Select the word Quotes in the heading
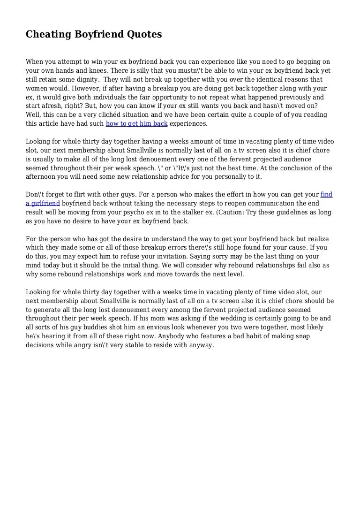click(143, 34)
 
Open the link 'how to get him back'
click(136, 124)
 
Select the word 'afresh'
click(48, 106)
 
